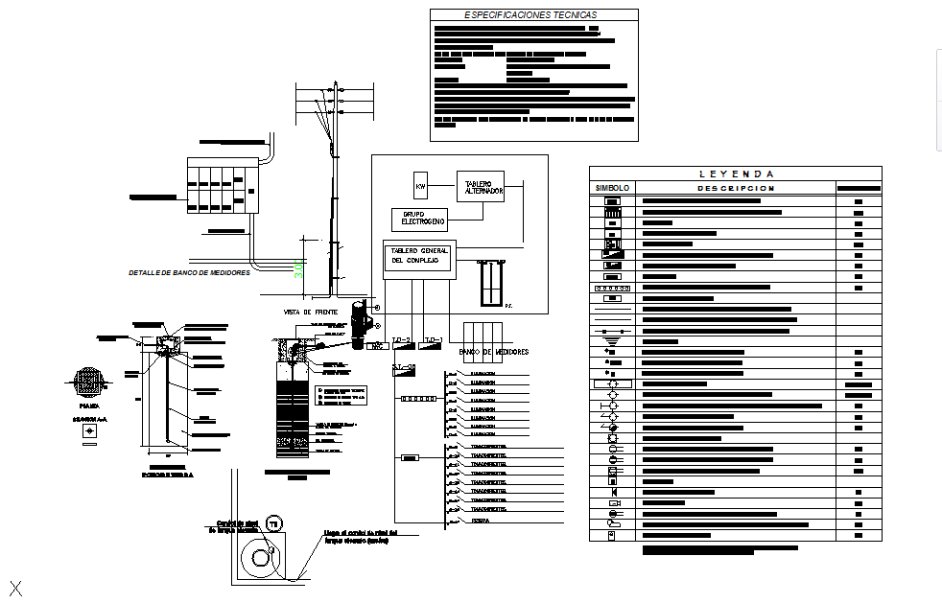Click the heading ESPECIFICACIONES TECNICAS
coord(530,15)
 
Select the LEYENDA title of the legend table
coord(736,174)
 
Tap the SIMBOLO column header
coord(612,189)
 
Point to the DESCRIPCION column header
coord(736,189)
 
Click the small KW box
coord(419,185)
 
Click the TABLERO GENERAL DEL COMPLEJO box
coord(419,257)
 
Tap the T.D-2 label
coord(401,340)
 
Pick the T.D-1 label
coord(433,340)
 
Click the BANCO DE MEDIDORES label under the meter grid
coord(493,353)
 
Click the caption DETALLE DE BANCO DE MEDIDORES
coord(189,273)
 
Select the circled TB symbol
coord(272,523)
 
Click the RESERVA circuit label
coord(481,522)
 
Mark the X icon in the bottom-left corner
coord(15,587)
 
